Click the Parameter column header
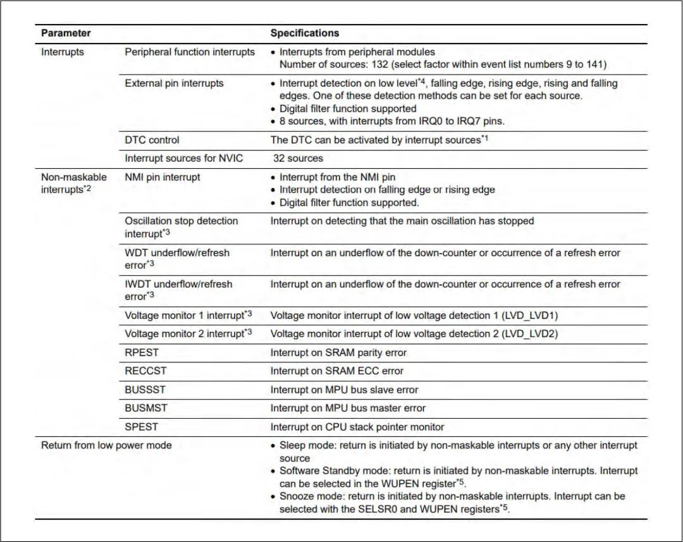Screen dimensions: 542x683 66,33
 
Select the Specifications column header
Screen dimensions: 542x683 304,33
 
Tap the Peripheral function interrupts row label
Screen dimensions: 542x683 190,52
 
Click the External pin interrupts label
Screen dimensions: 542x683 174,83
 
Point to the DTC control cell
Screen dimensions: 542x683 152,140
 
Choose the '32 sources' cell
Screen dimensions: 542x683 298,158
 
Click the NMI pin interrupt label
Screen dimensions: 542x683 162,177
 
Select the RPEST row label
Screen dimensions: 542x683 141,352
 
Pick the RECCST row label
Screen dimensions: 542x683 144,371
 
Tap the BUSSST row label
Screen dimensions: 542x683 145,390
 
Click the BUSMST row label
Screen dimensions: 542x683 146,408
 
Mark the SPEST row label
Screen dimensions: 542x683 141,427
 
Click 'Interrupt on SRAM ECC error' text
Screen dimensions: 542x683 336,371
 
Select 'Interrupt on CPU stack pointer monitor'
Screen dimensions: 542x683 357,427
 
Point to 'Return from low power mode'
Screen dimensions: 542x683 106,445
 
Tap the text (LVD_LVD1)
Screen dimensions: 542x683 530,315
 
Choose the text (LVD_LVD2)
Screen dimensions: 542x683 530,333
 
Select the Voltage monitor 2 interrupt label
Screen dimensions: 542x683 184,333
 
